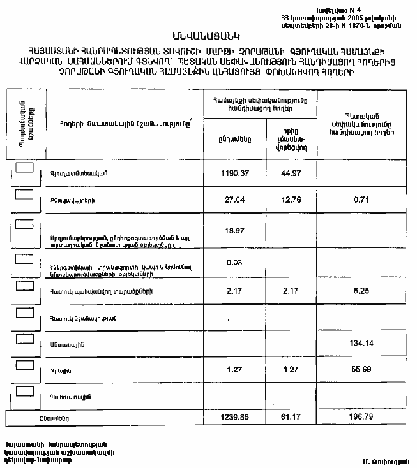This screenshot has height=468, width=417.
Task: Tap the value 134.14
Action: pos(361,344)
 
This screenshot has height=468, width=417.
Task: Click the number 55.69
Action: pos(361,370)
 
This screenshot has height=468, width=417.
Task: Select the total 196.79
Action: pos(361,417)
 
